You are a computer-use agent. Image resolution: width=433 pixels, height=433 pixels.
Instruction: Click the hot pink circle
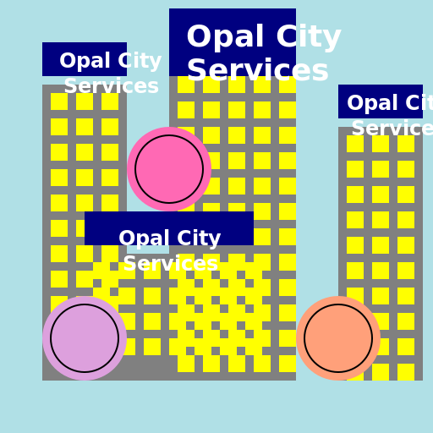tap(169, 169)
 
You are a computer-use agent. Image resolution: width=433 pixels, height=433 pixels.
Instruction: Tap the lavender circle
tap(85, 338)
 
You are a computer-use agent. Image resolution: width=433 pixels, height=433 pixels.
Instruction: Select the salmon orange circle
tap(338, 338)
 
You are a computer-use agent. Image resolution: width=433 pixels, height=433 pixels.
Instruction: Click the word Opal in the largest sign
tap(222, 37)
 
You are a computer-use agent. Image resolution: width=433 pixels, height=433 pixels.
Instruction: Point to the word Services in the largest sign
tap(257, 71)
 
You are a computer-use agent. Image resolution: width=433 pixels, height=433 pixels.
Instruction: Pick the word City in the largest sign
tap(299, 37)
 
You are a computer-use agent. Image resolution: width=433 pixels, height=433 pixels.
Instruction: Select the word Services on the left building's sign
tap(111, 86)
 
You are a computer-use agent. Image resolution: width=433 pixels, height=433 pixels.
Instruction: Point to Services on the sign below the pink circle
tap(170, 264)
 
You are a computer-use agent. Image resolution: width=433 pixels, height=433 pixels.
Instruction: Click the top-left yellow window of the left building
tap(59, 101)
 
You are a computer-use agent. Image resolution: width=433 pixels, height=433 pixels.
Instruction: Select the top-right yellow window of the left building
tap(110, 101)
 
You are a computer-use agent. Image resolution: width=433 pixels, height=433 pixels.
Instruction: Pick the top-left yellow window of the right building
tap(355, 144)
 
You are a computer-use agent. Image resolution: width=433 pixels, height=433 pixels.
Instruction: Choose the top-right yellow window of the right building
tap(406, 144)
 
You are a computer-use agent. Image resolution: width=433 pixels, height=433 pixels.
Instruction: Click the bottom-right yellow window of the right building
tap(406, 372)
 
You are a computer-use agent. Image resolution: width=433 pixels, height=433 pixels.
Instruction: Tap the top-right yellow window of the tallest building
tap(288, 85)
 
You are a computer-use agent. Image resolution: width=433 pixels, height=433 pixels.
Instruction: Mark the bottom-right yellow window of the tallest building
tap(288, 364)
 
